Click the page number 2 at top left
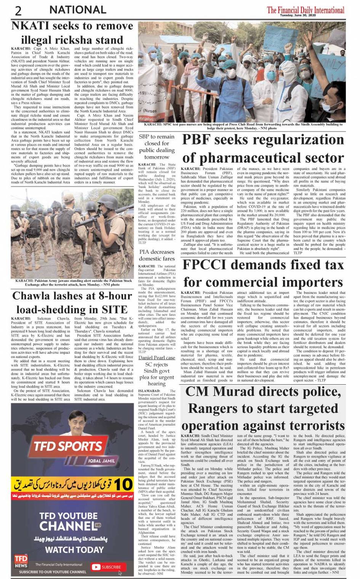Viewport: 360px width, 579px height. click(x=18, y=11)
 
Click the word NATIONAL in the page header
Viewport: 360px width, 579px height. click(x=78, y=10)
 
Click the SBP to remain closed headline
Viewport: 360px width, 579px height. click(x=157, y=146)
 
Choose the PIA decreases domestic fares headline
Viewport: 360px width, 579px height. click(x=157, y=255)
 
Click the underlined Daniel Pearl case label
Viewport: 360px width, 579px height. click(x=157, y=358)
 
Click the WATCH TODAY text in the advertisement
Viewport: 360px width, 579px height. click(x=74, y=549)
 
